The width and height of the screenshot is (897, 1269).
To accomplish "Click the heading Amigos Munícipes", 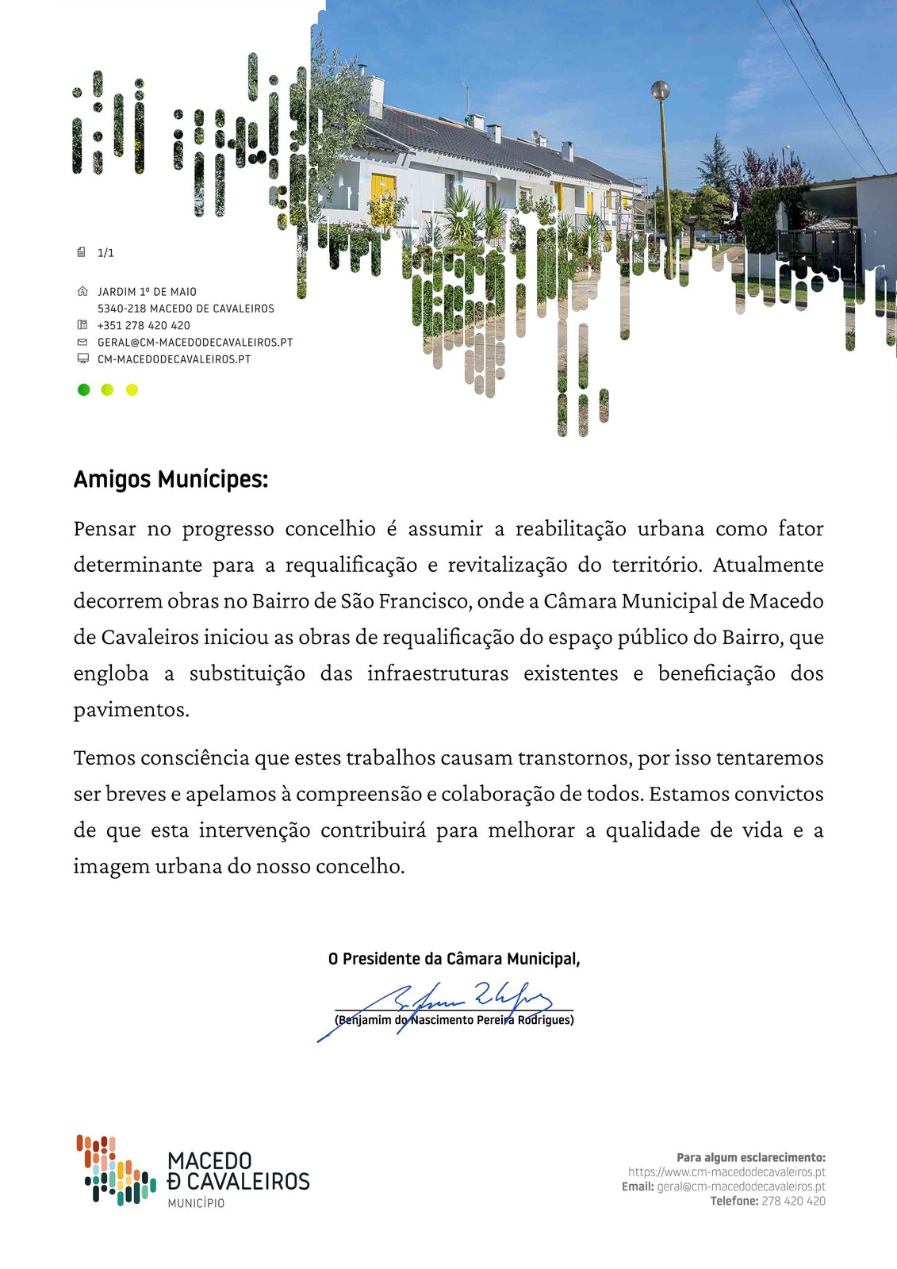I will (x=171, y=480).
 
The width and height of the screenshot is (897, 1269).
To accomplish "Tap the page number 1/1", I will (x=105, y=253).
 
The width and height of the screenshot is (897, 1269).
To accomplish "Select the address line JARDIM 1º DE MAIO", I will (x=147, y=292).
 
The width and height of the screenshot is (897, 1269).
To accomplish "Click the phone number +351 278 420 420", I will (x=144, y=325).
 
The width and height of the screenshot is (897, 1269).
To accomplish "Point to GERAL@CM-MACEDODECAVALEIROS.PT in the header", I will (x=195, y=343).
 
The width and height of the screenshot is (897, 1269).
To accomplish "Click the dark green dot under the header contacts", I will (x=83, y=389).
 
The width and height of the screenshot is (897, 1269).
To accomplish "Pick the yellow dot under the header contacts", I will (x=132, y=389).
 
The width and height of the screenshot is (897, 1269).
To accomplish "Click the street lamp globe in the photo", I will (x=660, y=90).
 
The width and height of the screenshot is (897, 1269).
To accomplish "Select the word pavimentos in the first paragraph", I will (x=131, y=710).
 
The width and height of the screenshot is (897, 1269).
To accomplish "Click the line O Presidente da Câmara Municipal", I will (x=454, y=959).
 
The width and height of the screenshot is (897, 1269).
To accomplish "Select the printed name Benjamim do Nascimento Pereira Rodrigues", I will (x=454, y=1020).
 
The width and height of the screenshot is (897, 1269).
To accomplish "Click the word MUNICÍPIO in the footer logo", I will (x=196, y=1203).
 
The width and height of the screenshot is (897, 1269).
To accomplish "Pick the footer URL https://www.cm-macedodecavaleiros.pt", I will (x=726, y=1172).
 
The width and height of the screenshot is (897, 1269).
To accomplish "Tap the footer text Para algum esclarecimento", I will (x=750, y=1158).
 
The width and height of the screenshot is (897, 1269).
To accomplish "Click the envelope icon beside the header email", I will (x=82, y=342).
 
